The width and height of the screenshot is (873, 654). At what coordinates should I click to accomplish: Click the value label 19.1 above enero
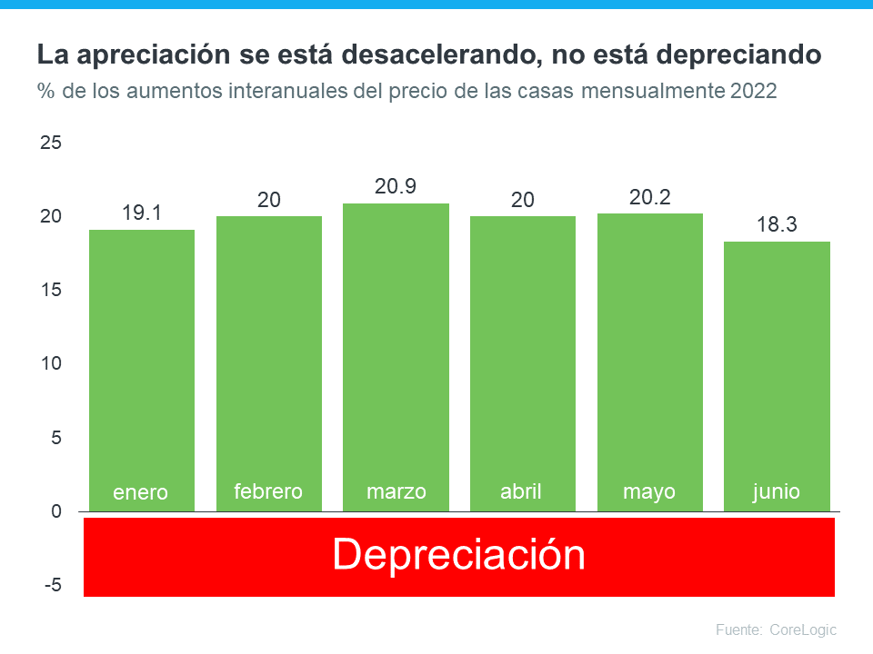tap(141, 213)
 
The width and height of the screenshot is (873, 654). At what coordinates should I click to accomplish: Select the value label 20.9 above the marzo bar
tap(396, 186)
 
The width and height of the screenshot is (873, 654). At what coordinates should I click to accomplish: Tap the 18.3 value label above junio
tap(777, 224)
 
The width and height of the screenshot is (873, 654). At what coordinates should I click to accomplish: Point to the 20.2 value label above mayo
tap(649, 196)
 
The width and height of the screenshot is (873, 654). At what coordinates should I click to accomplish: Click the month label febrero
tap(268, 491)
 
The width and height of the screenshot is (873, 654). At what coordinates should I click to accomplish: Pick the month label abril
tap(521, 491)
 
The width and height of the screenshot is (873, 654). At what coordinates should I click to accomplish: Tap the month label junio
tap(777, 491)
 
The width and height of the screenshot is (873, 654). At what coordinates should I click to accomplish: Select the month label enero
tap(141, 492)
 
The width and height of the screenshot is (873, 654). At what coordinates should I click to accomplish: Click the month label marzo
tap(396, 491)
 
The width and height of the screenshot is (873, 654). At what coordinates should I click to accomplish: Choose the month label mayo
tap(649, 491)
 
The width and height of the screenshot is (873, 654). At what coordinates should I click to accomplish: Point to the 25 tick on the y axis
tap(51, 143)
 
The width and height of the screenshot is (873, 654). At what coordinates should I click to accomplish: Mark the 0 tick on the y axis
tap(56, 512)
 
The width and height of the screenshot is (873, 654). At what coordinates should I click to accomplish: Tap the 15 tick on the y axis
tap(51, 291)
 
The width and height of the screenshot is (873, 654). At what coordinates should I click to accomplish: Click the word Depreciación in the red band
tap(458, 554)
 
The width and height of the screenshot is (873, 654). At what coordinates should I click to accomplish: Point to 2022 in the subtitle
tap(752, 92)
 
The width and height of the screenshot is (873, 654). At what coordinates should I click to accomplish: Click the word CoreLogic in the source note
tap(803, 629)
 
